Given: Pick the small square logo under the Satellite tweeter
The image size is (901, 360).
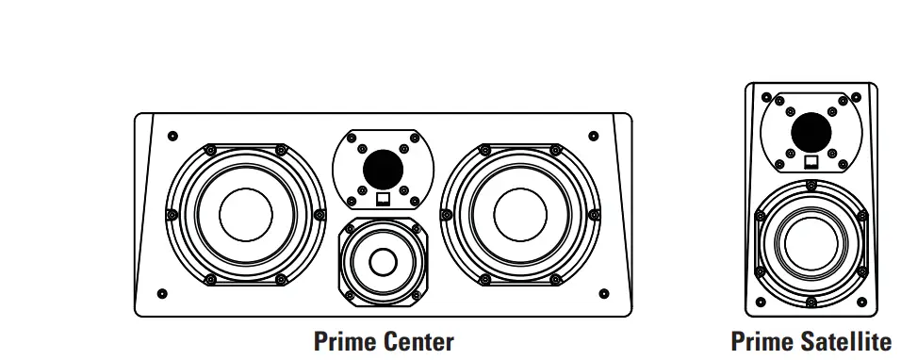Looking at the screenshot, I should click(811, 159).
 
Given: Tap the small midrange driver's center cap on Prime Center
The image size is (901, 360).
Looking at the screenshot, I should click(383, 260).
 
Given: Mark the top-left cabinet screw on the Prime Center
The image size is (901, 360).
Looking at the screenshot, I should click(172, 136).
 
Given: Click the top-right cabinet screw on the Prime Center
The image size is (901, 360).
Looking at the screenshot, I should click(593, 136).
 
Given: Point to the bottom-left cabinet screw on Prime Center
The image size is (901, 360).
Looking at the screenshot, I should click(162, 292).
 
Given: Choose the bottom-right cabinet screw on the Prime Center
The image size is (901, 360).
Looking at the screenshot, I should click(603, 292).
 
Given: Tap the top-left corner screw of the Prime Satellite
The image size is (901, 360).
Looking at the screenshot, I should click(764, 96).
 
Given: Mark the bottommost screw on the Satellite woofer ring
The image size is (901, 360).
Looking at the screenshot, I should click(811, 303).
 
